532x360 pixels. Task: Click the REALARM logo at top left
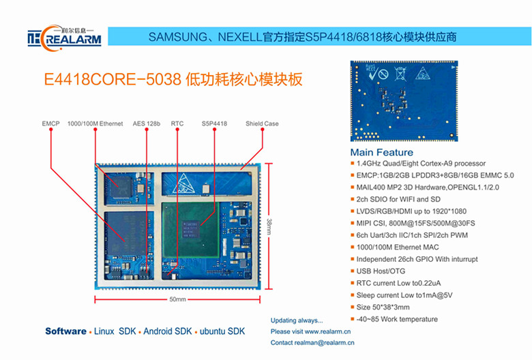click(x=65, y=36)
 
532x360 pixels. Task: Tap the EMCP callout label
click(x=50, y=123)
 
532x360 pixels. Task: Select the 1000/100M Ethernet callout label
click(x=95, y=123)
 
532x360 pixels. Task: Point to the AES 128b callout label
click(x=146, y=123)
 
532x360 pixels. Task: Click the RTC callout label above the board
click(x=177, y=123)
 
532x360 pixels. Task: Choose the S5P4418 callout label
click(x=214, y=123)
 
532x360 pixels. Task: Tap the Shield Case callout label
click(x=262, y=123)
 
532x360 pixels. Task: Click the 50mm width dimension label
click(x=177, y=300)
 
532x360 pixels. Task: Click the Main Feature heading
click(x=382, y=152)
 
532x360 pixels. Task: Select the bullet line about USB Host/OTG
click(x=381, y=271)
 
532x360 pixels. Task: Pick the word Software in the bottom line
click(x=65, y=331)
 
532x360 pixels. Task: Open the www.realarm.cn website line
click(x=310, y=331)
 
